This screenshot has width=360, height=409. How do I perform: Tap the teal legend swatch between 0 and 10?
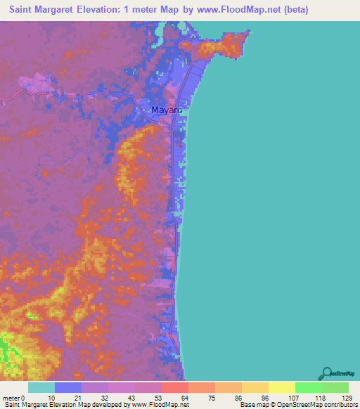(x=41, y=387)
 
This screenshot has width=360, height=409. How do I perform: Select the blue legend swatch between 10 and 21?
(x=67, y=387)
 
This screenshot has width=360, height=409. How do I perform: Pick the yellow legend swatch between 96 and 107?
(x=281, y=387)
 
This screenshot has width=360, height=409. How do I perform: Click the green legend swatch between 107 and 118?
(x=308, y=387)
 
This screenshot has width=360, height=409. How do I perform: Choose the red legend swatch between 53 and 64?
(x=174, y=387)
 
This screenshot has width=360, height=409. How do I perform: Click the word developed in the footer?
(x=103, y=405)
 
